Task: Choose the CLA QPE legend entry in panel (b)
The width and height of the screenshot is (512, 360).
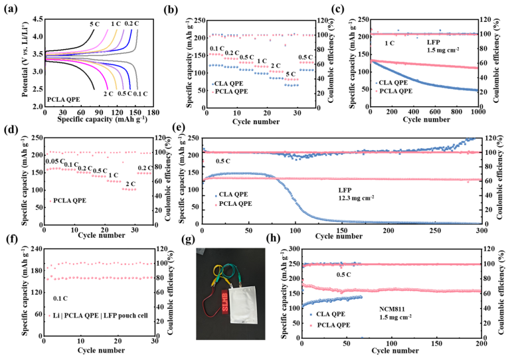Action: (x=229, y=82)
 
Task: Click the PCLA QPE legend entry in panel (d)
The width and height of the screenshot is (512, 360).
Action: (x=68, y=201)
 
